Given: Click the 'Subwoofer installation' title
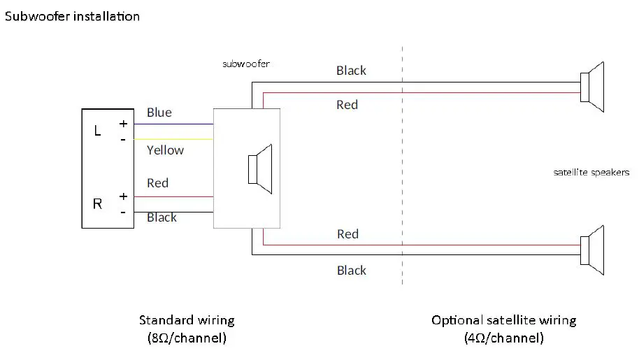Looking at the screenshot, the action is (x=72, y=16).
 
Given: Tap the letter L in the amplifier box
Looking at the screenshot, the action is (x=97, y=131).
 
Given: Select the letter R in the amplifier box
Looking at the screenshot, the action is (x=97, y=203).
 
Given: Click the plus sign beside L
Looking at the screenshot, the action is (x=124, y=124).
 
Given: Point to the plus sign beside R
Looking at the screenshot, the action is (x=124, y=196).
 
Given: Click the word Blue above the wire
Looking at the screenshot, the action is (x=159, y=113).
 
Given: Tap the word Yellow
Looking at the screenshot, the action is (x=166, y=150).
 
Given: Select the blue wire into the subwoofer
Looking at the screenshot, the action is (x=173, y=124).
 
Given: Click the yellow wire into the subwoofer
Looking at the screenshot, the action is (x=173, y=139).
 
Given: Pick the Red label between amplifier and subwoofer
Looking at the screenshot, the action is (x=158, y=183).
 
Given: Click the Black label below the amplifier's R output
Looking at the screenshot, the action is (x=161, y=217).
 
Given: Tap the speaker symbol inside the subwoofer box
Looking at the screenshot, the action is (x=260, y=169).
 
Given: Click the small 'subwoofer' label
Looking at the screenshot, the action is (x=246, y=64).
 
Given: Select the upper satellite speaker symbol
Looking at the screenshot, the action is (x=592, y=87).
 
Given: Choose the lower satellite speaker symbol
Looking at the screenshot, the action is (x=592, y=250).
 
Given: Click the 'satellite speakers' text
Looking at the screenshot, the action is (x=591, y=172).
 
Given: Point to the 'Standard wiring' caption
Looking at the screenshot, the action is (x=187, y=320).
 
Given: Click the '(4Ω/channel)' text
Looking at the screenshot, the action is (x=504, y=338).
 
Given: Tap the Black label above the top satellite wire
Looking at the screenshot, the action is (x=351, y=71).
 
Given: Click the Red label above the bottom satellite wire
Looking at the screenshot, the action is (x=347, y=234).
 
